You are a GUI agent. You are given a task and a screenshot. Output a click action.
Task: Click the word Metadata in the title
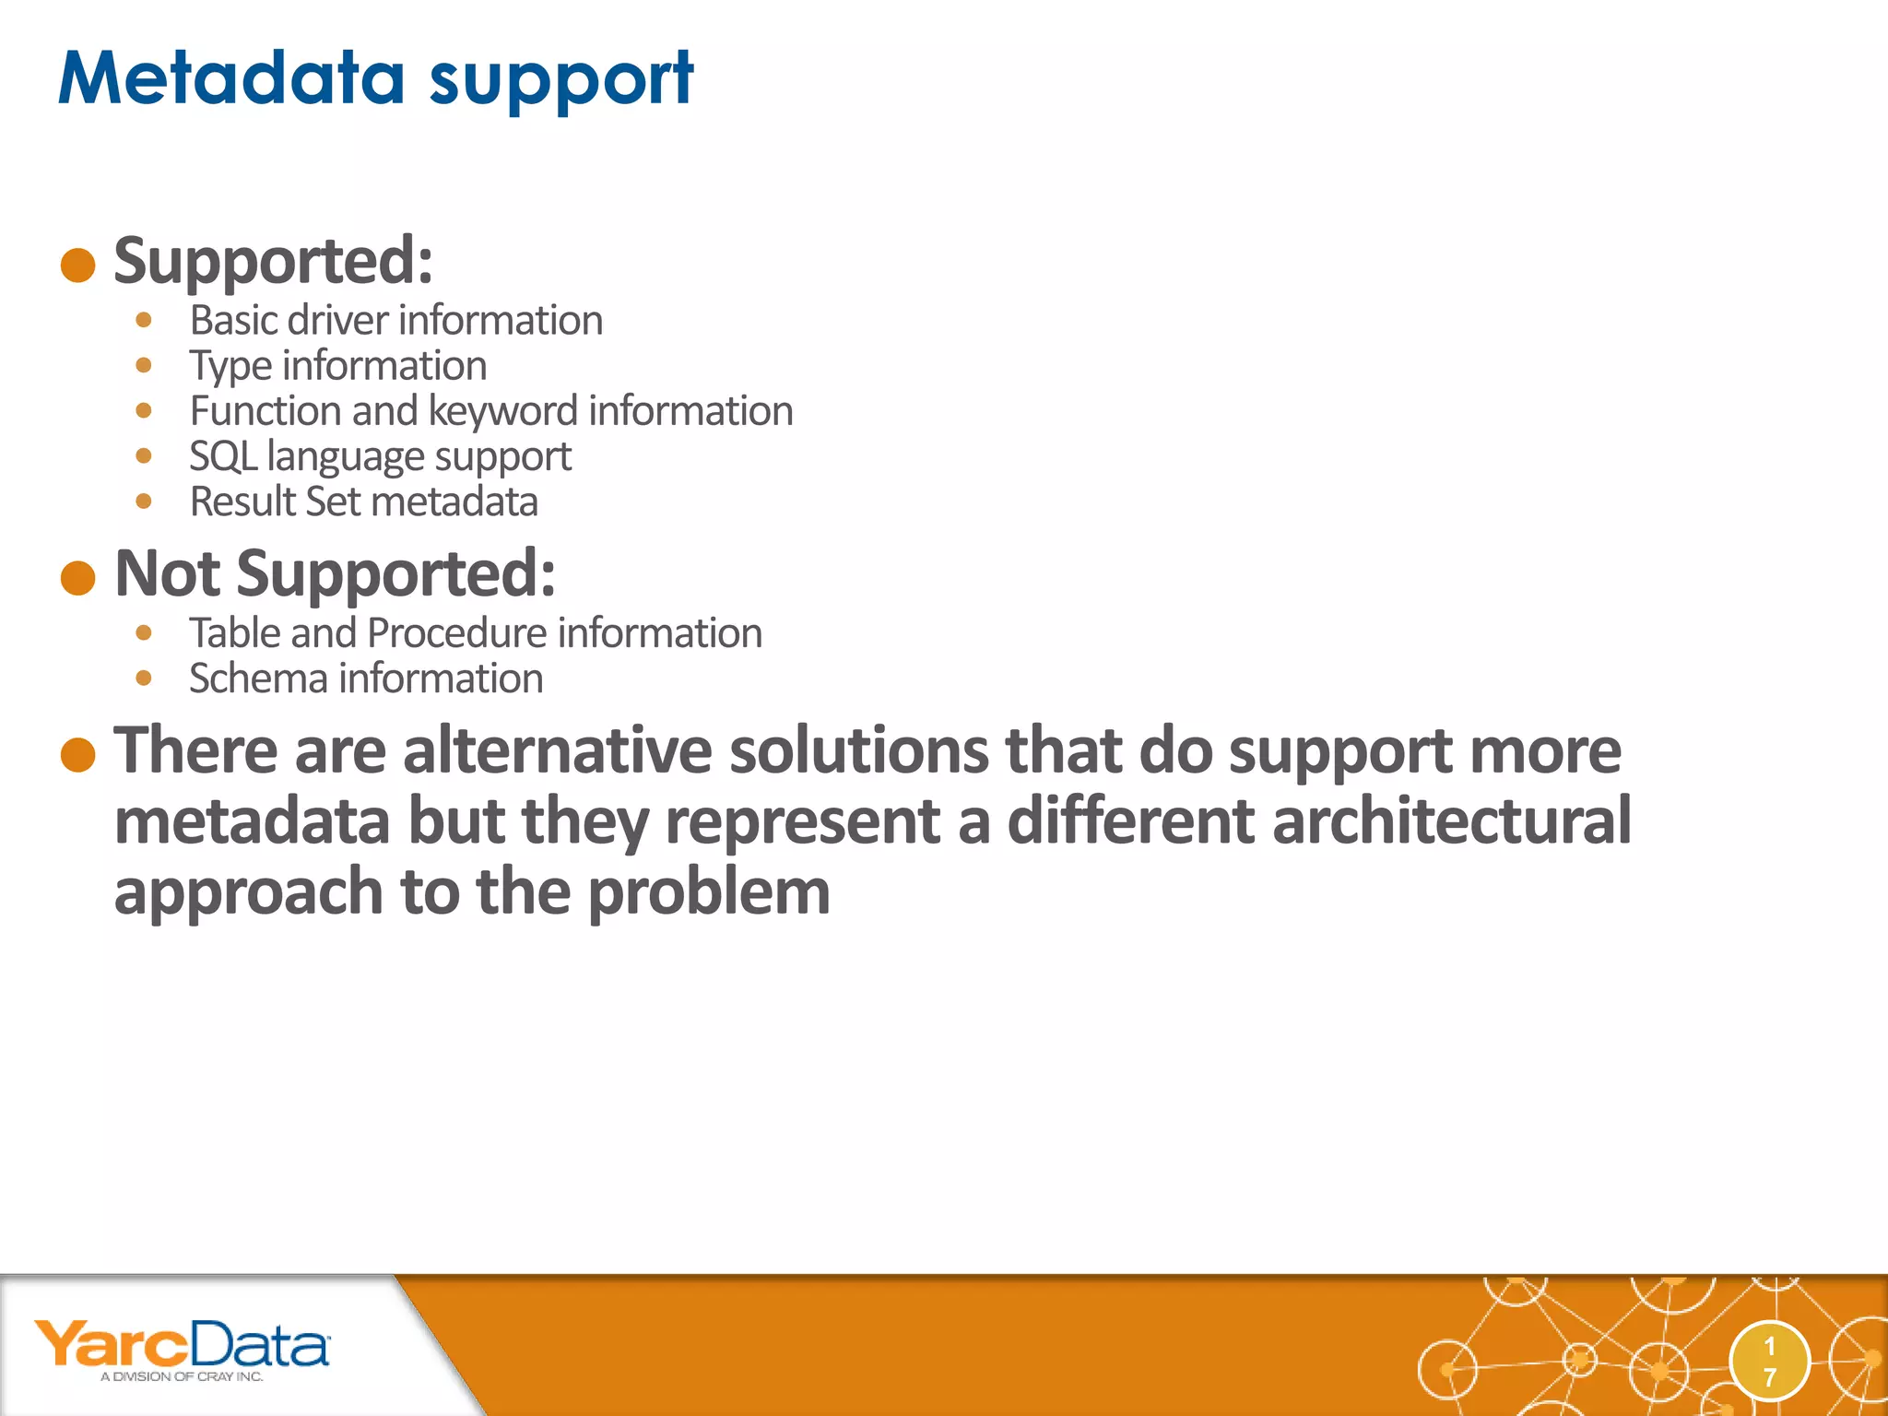tap(231, 78)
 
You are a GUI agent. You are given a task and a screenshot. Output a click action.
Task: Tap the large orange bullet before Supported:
tap(78, 265)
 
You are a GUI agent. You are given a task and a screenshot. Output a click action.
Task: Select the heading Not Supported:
tap(335, 573)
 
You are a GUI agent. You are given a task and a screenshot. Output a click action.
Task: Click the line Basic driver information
tap(395, 321)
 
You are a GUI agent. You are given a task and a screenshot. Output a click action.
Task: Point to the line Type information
tap(337, 366)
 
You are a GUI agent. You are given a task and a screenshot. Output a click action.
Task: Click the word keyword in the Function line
tap(502, 411)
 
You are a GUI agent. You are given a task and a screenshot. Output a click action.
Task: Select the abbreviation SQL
tap(222, 456)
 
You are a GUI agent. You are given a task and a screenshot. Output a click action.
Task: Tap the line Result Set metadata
tap(363, 501)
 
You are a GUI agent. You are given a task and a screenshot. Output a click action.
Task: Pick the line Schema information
tap(365, 678)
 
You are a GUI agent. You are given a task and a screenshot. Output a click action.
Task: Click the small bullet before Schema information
tap(143, 678)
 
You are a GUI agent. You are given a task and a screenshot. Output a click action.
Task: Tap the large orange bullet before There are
tap(78, 755)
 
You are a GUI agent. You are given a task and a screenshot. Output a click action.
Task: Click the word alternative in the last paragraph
tap(557, 750)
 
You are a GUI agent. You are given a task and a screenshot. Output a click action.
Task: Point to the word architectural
tap(1451, 820)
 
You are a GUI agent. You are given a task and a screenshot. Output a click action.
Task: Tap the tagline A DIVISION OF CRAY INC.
tap(182, 1376)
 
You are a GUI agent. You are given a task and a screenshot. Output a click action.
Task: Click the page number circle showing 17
tap(1769, 1362)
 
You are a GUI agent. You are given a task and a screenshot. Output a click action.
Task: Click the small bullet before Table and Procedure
tap(143, 633)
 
